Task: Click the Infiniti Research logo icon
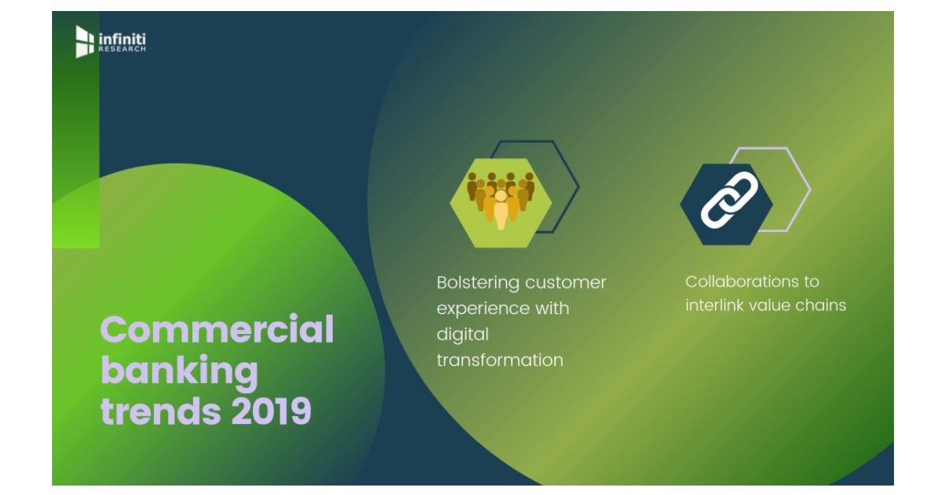84,41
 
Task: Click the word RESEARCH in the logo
122,49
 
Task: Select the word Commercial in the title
217,329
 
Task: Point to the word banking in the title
179,370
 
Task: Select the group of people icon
501,201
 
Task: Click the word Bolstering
478,283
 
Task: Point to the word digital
463,335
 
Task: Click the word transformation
500,361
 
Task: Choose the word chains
825,306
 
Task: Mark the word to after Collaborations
811,282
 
